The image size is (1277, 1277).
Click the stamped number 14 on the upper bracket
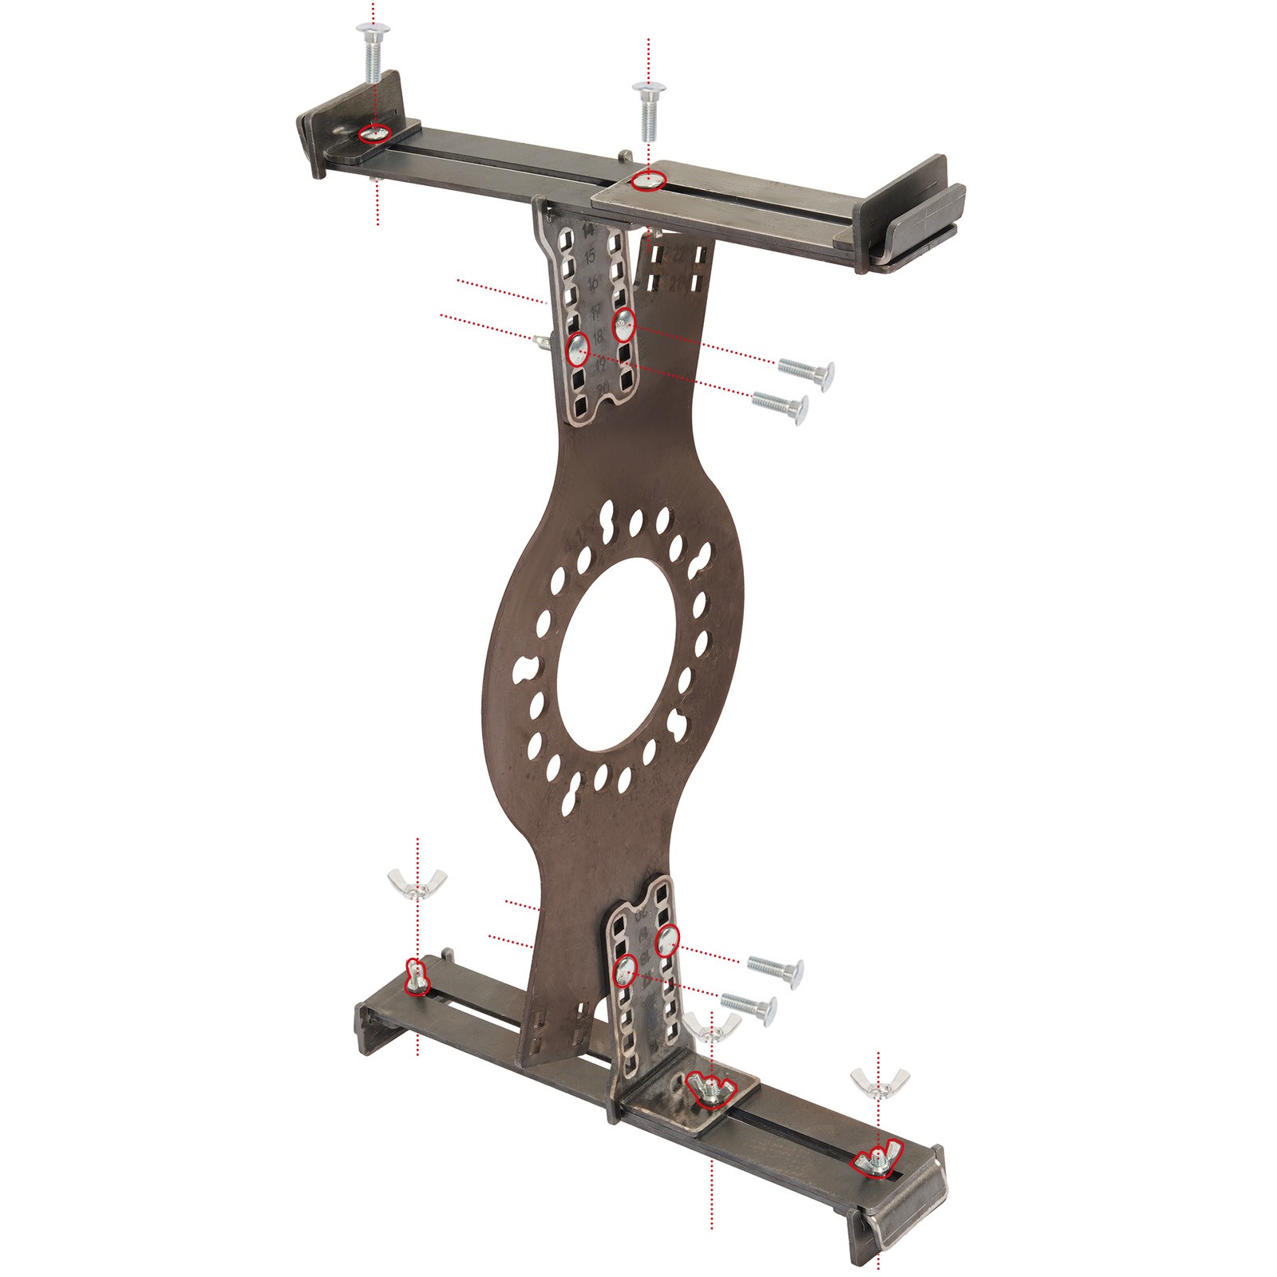pos(589,231)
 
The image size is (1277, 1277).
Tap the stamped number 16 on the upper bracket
pos(592,284)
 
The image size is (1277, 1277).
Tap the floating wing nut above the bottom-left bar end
pos(417,884)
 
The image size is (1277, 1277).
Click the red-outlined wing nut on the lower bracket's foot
pos(711,1090)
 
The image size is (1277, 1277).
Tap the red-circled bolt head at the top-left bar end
pos(374,134)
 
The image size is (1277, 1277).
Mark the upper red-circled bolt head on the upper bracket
pos(623,325)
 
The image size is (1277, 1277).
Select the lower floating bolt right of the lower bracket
pos(749,1008)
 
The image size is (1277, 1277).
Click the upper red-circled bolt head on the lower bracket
pos(667,940)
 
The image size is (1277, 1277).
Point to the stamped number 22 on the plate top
pos(681,255)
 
